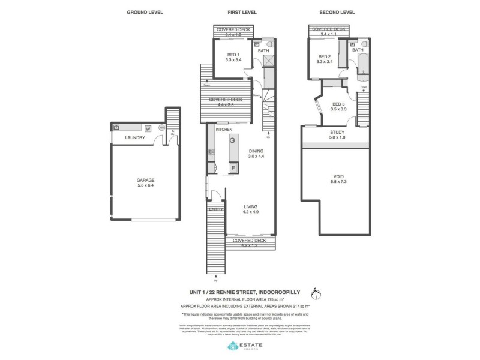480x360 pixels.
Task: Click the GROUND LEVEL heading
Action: (x=145, y=12)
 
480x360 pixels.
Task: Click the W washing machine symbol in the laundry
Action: (x=147, y=127)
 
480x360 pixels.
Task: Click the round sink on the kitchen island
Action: (x=232, y=140)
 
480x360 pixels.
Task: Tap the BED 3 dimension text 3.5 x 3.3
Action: (x=339, y=109)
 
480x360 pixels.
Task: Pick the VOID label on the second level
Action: (x=338, y=176)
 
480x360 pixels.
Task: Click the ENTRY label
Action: (x=215, y=209)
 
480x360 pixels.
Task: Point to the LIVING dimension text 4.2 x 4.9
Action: (x=250, y=212)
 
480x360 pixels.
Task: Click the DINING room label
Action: (x=256, y=151)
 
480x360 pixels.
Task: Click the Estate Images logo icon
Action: (x=233, y=347)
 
